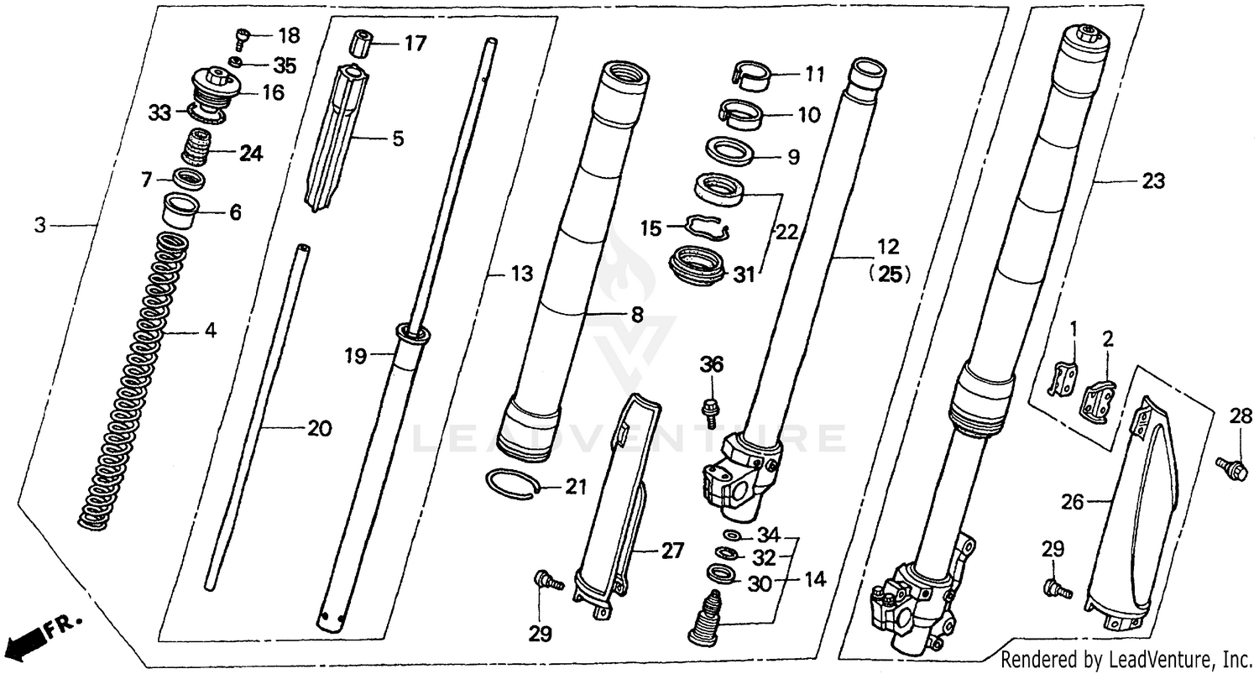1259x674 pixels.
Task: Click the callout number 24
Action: [x=250, y=154]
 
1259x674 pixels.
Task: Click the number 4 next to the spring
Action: [x=210, y=331]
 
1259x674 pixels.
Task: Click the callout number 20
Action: [x=319, y=428]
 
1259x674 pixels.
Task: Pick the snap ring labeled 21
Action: [x=509, y=484]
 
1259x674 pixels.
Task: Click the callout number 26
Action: [x=1073, y=503]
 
